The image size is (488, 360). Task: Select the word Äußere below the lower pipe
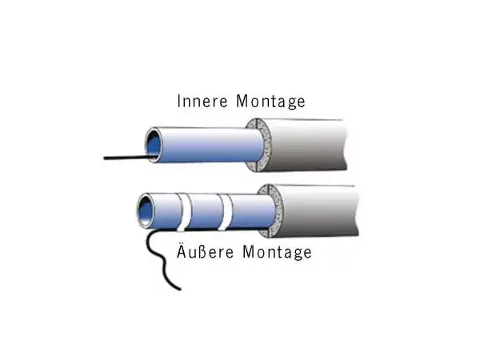tap(196, 252)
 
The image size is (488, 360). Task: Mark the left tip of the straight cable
tap(105, 159)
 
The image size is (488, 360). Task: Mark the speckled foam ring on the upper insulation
tap(258, 144)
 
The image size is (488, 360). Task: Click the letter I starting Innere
tap(179, 102)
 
